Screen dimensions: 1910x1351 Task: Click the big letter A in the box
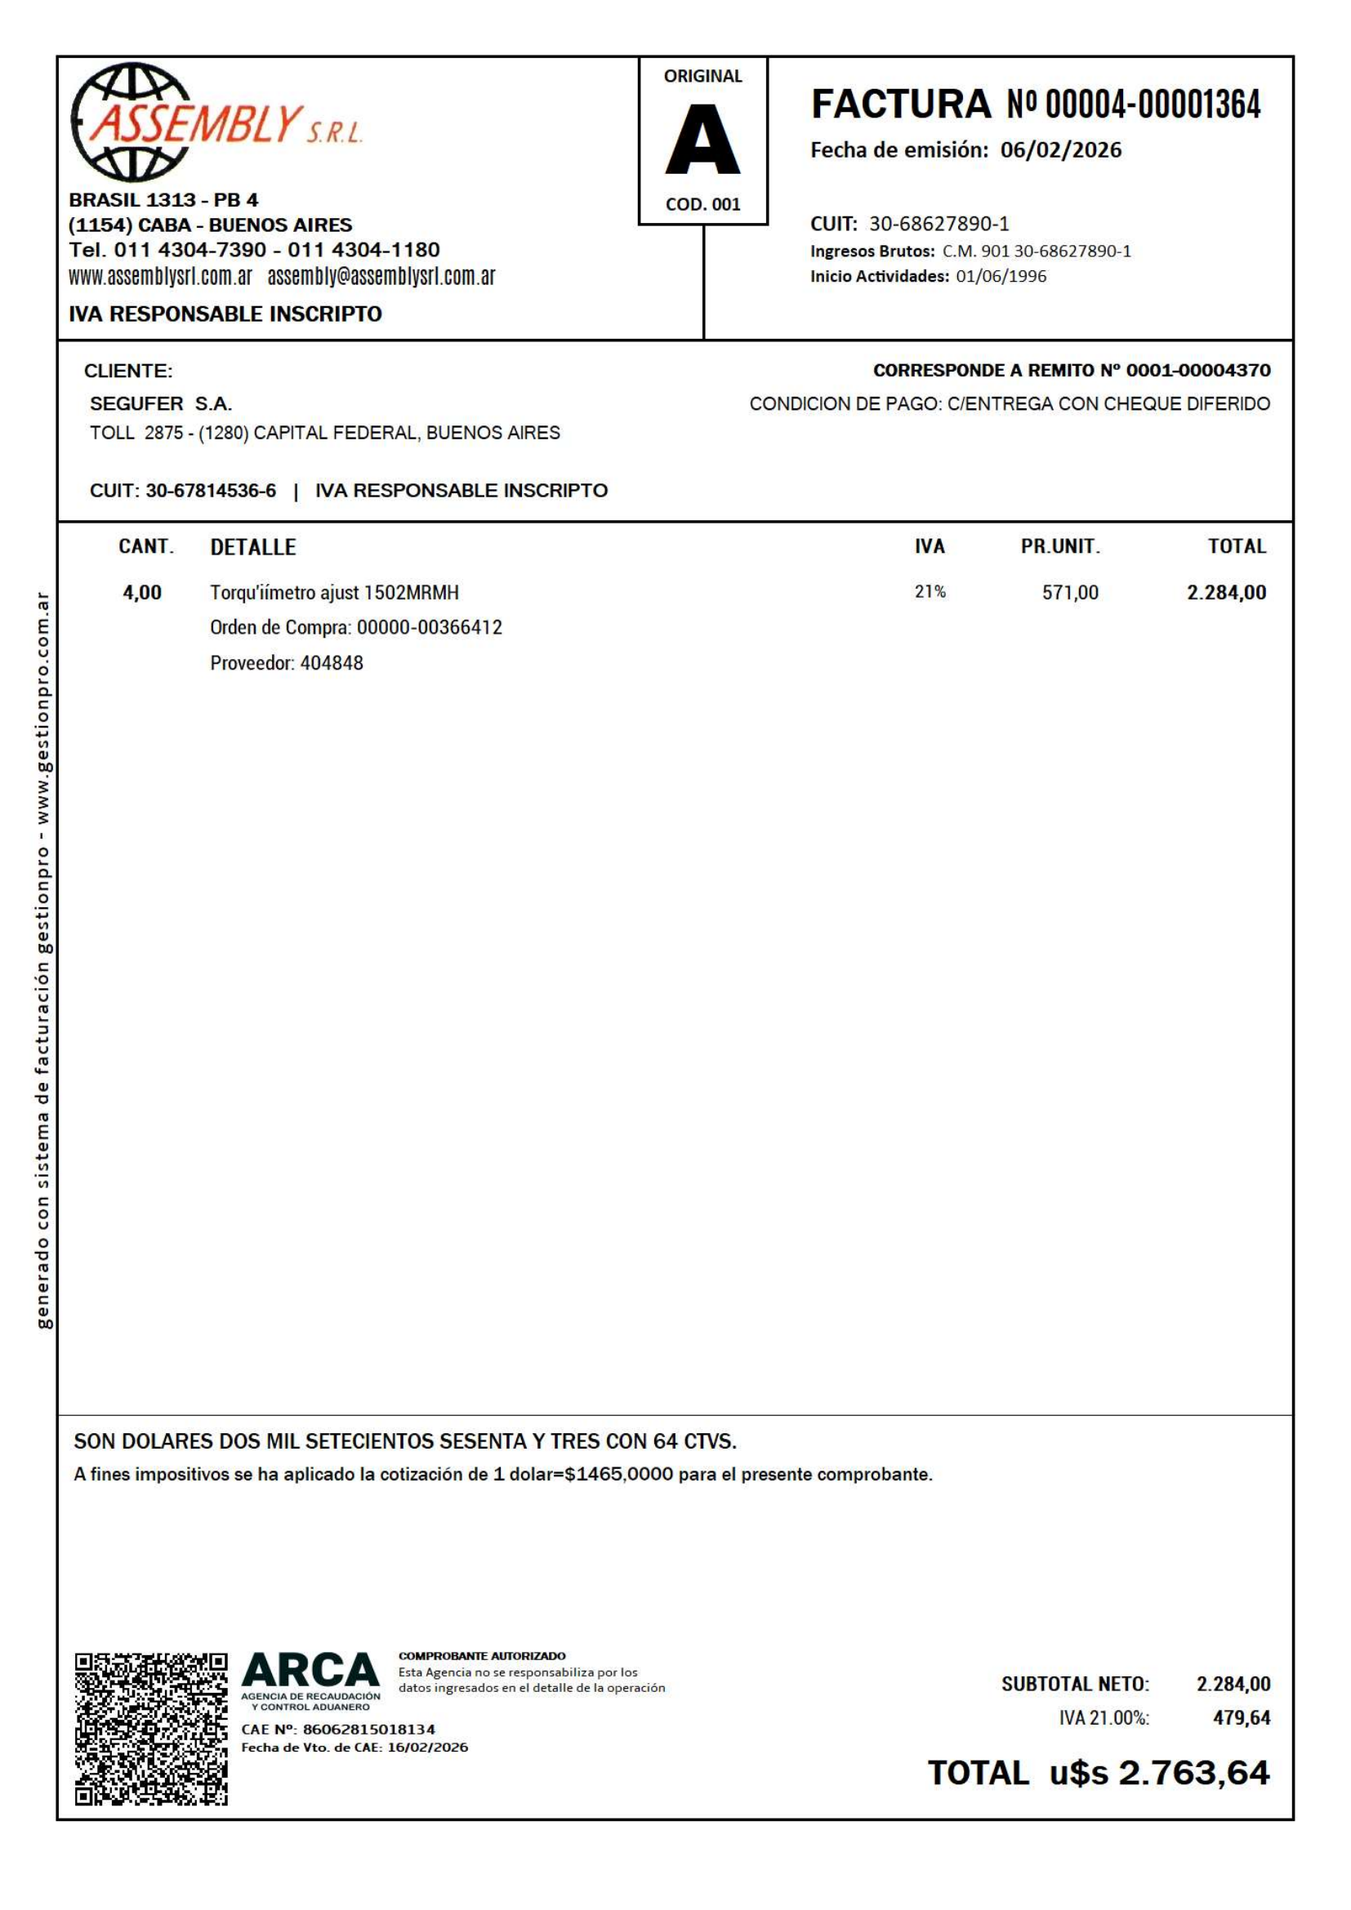coord(702,139)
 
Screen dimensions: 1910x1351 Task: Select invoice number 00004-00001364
coord(1153,105)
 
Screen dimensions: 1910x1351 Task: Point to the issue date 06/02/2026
coord(1061,149)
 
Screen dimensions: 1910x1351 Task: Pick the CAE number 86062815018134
coord(368,1730)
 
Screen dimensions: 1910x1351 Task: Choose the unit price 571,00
coord(1070,593)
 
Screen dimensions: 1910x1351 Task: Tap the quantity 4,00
coord(142,593)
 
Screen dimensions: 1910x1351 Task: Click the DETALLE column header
coord(253,547)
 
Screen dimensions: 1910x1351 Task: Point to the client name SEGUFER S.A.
coord(161,404)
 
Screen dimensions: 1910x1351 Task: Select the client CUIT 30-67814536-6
coord(211,491)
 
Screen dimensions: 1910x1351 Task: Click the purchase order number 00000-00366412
coord(430,628)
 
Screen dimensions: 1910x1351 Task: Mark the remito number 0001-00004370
coord(1198,370)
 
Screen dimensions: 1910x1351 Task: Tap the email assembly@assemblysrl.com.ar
coord(381,277)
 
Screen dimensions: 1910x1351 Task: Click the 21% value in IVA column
coord(930,592)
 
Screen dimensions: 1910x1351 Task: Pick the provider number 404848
coord(331,664)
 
